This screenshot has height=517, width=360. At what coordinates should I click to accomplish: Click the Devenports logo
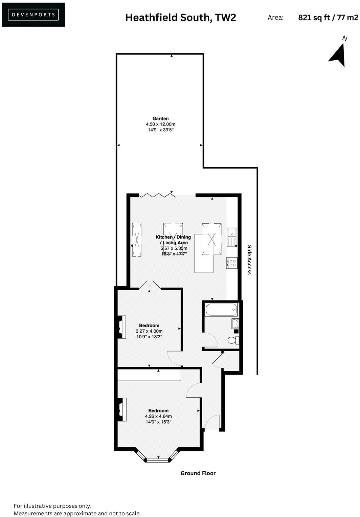33,15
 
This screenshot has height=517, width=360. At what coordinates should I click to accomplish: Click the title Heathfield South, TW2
180,18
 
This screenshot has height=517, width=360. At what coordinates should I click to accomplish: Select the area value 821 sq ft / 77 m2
328,18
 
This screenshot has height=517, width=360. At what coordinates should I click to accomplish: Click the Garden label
160,118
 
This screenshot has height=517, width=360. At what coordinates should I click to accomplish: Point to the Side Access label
249,260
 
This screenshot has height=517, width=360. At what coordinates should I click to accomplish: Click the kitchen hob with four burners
232,263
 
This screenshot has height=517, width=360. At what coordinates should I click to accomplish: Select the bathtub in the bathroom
221,310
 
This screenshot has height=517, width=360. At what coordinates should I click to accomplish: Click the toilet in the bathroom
233,340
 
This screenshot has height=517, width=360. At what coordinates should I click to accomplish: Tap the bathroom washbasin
235,323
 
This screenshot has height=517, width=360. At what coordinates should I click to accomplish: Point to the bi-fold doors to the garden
157,195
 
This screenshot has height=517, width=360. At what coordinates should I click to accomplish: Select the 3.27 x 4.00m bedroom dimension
149,331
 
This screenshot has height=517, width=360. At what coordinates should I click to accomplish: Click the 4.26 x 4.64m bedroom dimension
158,416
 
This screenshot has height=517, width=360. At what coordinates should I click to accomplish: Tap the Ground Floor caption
198,473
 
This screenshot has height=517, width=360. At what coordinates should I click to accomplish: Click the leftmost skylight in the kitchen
137,240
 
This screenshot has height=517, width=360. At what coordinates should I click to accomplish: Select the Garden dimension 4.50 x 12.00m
160,124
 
